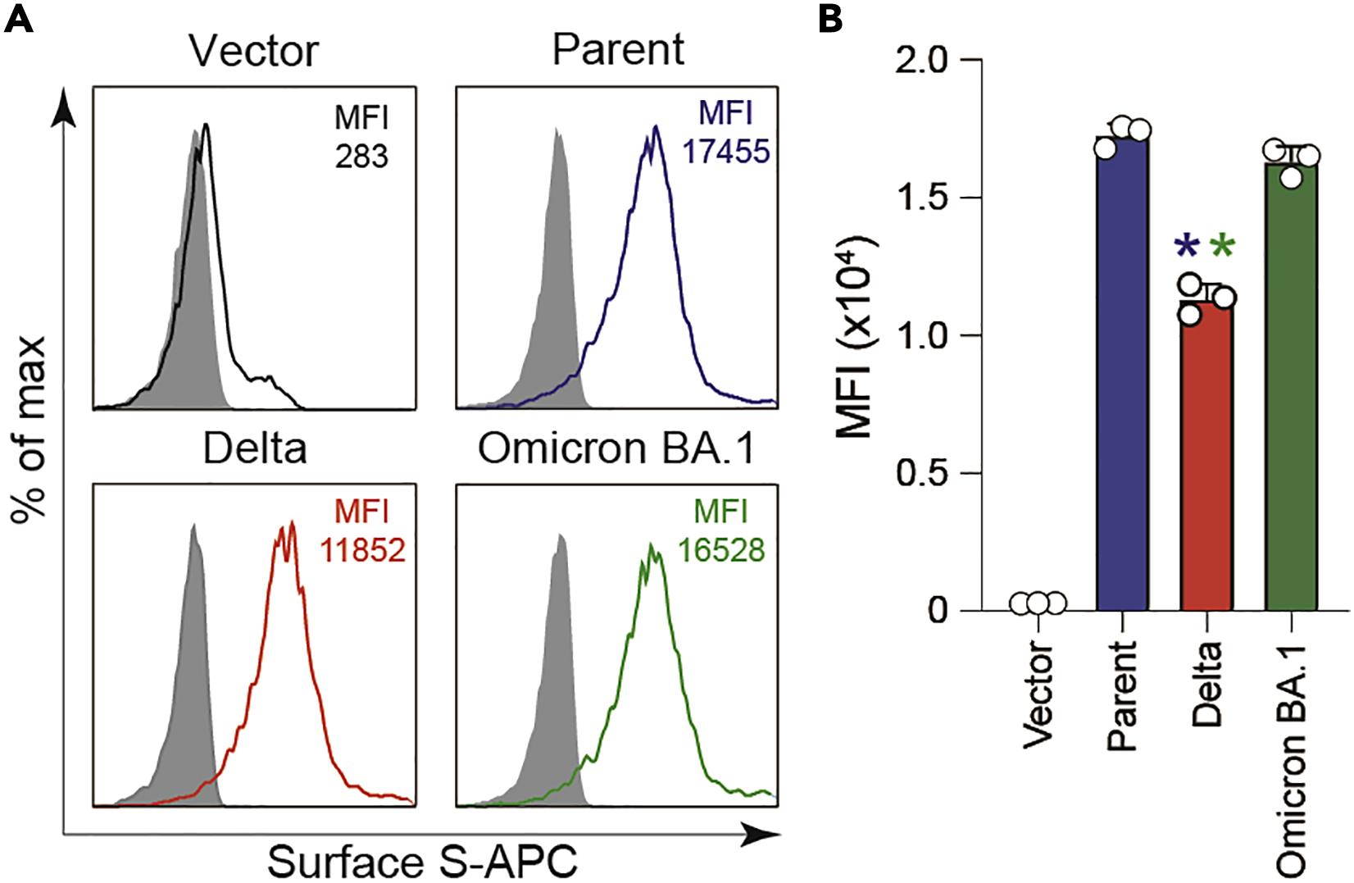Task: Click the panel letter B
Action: point(830,18)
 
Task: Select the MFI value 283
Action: point(361,156)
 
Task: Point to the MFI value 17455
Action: point(726,151)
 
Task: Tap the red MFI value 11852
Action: point(363,550)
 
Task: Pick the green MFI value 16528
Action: point(721,550)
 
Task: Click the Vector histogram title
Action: point(253,51)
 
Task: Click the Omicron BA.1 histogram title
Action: point(616,448)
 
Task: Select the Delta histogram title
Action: point(255,448)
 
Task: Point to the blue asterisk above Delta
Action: point(1187,246)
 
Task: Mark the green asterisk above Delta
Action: point(1221,246)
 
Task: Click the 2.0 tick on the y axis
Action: point(921,61)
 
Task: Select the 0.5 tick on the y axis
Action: point(921,473)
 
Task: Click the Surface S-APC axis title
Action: point(422,862)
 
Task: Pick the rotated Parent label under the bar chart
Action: point(1122,696)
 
